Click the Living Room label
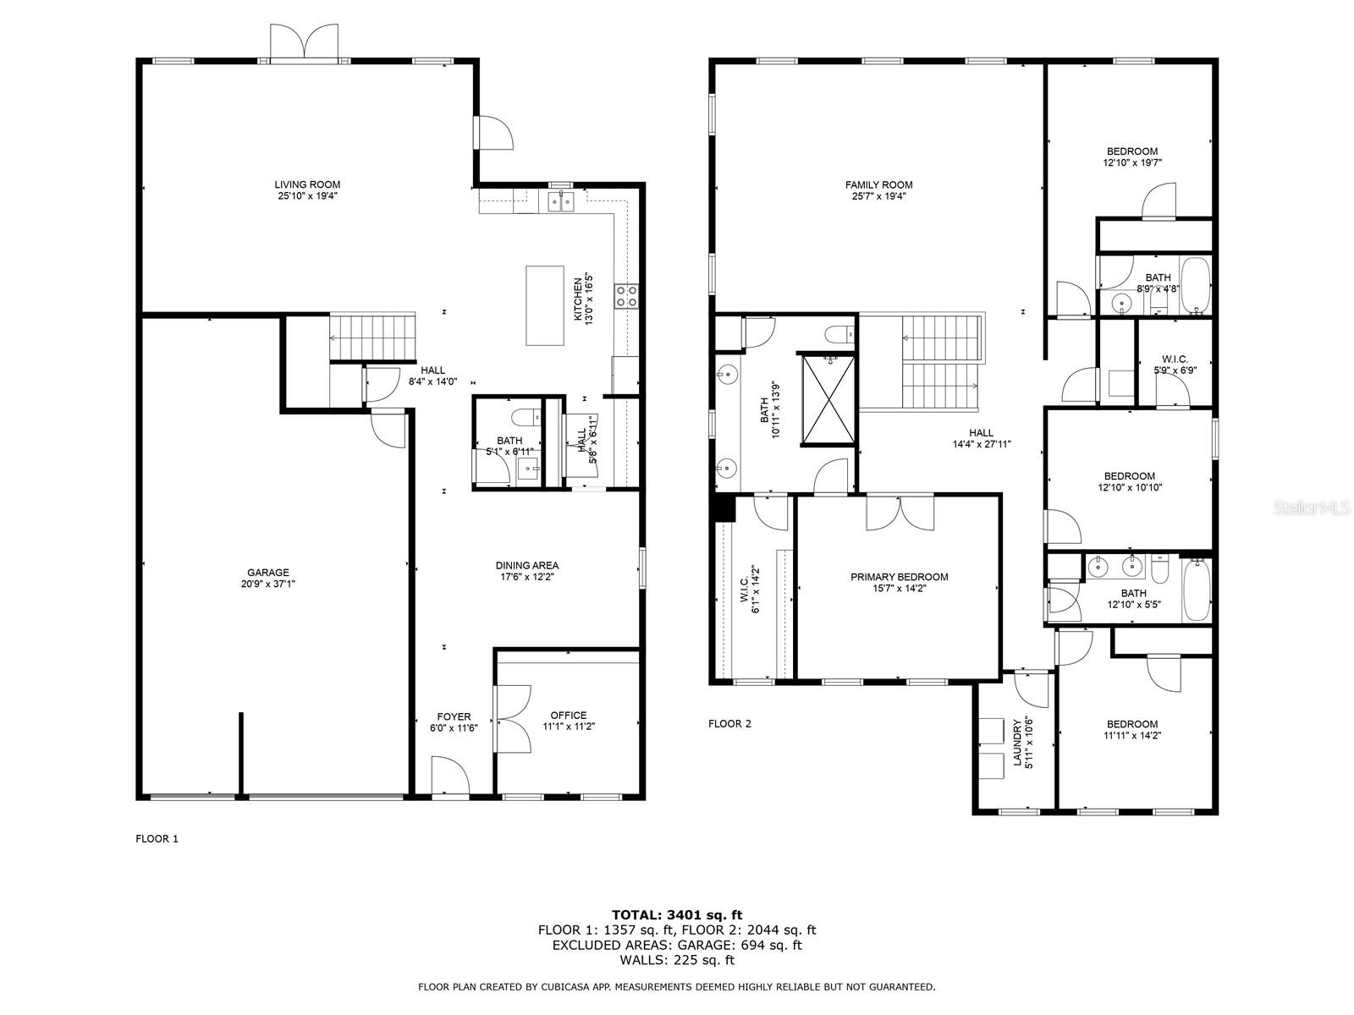point(307,184)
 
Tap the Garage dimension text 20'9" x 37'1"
point(267,584)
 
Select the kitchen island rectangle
point(545,305)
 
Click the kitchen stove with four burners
point(626,296)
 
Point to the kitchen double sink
point(561,201)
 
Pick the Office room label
point(568,716)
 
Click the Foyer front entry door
point(449,776)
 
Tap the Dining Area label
point(527,565)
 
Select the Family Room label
point(878,184)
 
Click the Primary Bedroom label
point(899,577)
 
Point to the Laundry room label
point(1017,742)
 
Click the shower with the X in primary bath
point(828,399)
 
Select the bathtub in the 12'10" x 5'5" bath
point(1196,590)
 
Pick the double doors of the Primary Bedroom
point(900,513)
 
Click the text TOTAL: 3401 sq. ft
point(677,914)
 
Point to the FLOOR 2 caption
point(729,723)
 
